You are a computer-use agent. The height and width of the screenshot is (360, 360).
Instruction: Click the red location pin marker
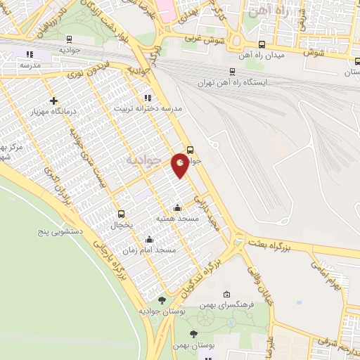[181, 164]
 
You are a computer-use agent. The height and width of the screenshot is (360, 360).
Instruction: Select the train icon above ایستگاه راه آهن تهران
[232, 71]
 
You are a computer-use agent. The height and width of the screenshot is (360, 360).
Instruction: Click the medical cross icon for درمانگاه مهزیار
[53, 101]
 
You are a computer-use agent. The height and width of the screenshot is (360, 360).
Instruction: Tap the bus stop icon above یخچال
[121, 214]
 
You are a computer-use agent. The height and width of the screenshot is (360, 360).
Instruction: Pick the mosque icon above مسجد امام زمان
[149, 239]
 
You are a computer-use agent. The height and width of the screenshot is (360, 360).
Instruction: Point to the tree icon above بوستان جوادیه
[162, 300]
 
